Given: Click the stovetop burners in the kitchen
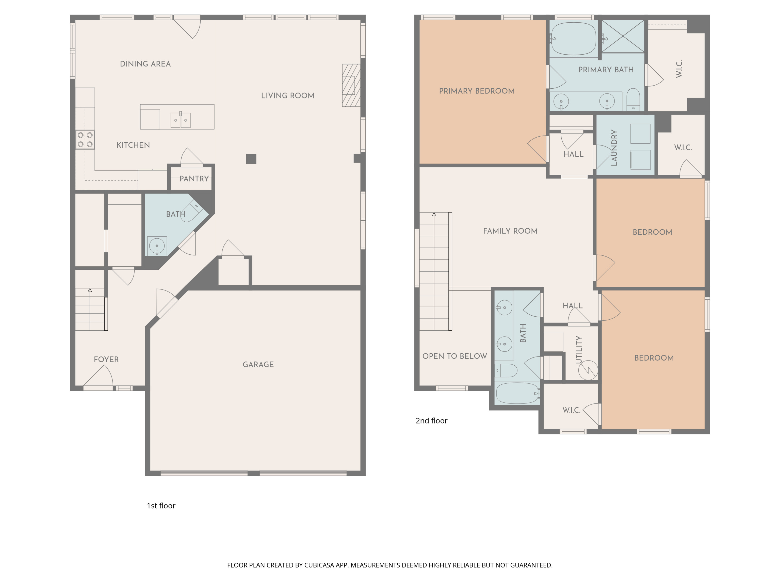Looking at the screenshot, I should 85,140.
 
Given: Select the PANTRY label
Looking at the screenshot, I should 194,179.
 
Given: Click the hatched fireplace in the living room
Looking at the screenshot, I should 351,85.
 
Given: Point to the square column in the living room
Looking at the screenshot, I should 251,159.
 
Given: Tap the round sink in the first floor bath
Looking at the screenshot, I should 157,246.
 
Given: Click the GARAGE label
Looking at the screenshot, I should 258,365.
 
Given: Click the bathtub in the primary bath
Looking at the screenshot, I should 573,39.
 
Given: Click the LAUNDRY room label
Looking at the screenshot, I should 614,148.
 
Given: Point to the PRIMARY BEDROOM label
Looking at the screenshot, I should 477,91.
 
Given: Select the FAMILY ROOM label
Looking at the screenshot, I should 510,231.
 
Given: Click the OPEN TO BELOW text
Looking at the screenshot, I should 454,356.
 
